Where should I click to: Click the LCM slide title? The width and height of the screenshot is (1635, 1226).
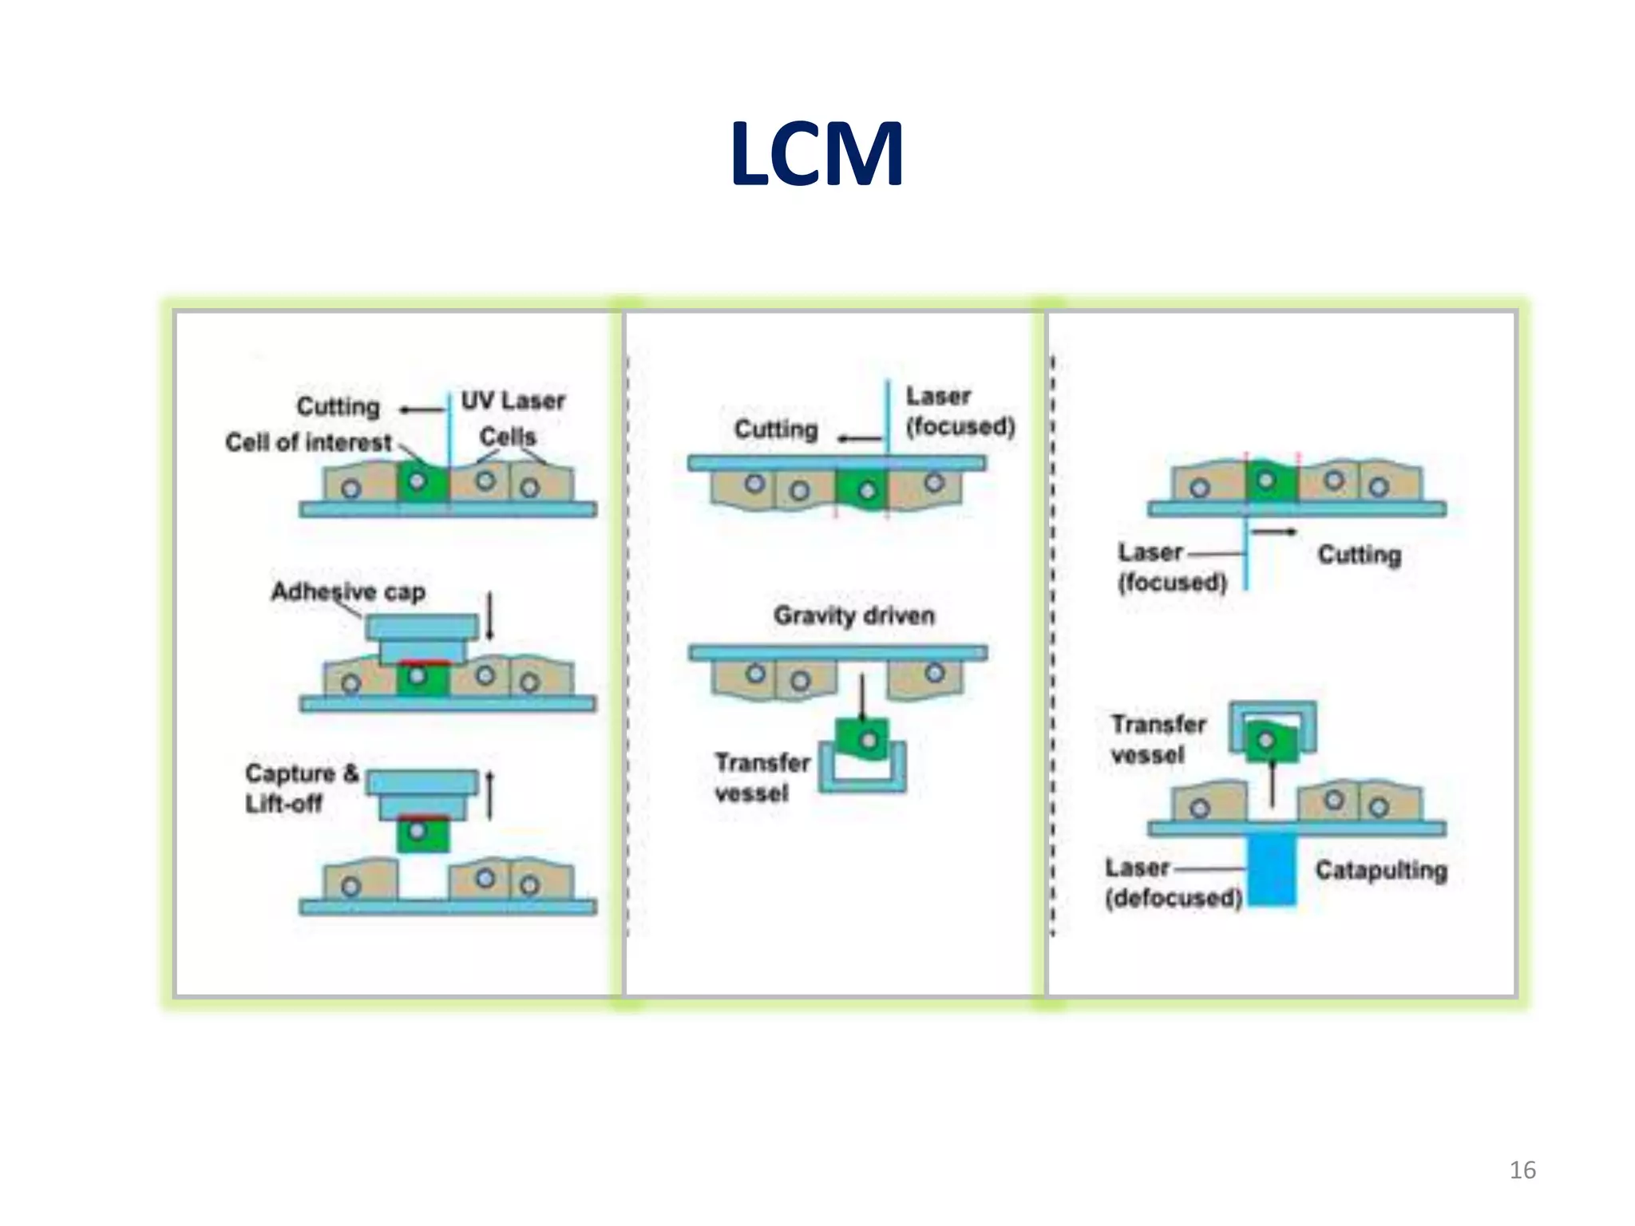tap(817, 153)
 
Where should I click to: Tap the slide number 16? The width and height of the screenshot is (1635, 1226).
tap(1522, 1170)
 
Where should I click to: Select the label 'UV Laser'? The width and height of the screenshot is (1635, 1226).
tap(513, 400)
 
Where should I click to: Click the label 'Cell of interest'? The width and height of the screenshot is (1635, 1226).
tap(308, 442)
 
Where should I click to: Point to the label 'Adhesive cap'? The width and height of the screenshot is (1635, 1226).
tap(348, 591)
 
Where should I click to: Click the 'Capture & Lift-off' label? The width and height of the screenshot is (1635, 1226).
tap(300, 788)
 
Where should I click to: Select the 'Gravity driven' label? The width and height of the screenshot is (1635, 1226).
tap(853, 615)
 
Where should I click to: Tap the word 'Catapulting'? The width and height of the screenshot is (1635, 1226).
tap(1380, 870)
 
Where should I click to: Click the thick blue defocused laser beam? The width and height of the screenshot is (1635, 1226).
tap(1271, 870)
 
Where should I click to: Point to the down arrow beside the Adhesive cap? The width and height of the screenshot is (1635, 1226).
tap(489, 615)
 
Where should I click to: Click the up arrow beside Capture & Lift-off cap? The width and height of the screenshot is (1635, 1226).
tap(489, 795)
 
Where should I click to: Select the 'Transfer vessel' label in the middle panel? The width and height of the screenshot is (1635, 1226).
tap(760, 777)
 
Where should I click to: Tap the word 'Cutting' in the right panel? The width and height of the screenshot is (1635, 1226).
tap(1359, 555)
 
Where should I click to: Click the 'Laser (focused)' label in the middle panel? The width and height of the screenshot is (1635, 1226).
tap(958, 411)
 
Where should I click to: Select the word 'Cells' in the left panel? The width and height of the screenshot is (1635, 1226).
tap(508, 437)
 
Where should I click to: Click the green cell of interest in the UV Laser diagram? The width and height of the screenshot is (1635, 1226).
tap(421, 483)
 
